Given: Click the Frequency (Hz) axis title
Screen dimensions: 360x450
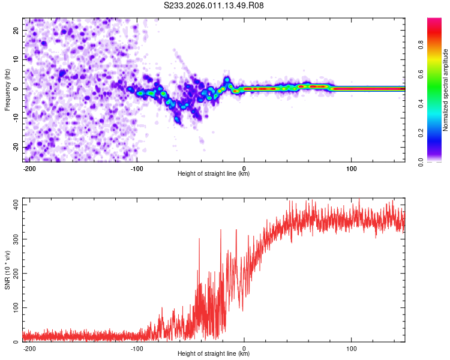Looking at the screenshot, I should (7, 90).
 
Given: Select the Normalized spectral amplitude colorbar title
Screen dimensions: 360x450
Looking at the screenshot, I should (445, 90).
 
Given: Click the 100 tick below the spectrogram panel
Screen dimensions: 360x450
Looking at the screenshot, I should (351, 168).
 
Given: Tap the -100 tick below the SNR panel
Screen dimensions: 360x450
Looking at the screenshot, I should (136, 348).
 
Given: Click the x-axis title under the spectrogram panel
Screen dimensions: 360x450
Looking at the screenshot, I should (214, 174).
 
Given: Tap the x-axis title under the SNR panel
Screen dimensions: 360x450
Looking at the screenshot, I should (214, 354).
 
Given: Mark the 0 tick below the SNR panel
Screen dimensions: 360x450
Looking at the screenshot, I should (244, 348).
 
